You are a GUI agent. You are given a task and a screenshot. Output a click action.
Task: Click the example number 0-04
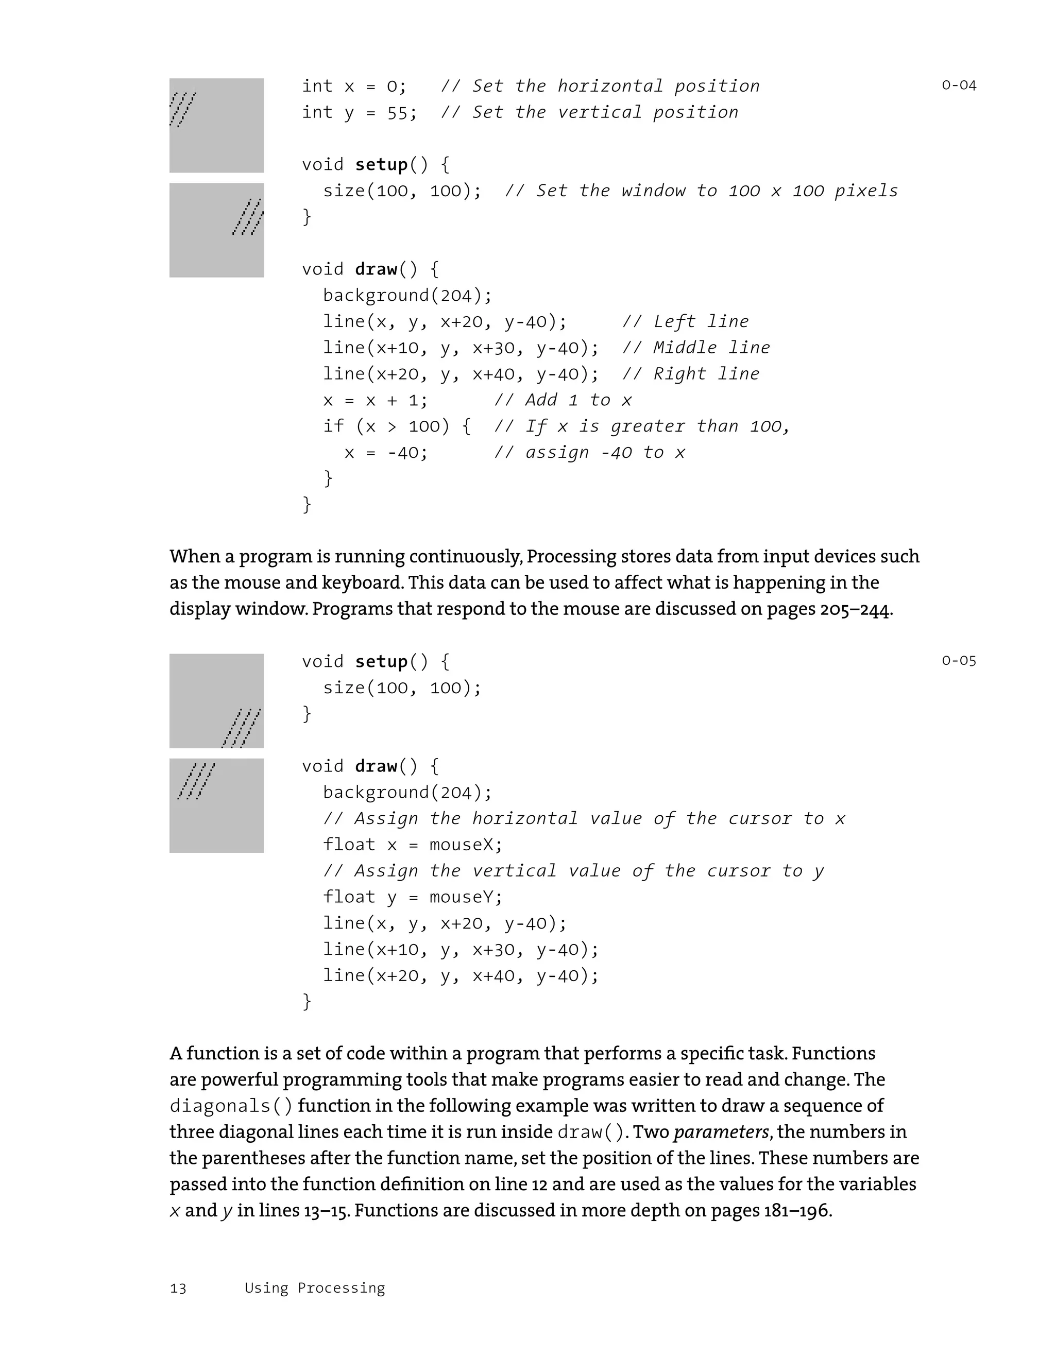(x=958, y=85)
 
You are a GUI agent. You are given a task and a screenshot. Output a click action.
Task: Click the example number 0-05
(x=958, y=661)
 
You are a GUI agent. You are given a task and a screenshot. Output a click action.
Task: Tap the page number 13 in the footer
(x=178, y=1289)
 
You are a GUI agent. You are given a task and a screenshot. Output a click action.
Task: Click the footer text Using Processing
(x=314, y=1288)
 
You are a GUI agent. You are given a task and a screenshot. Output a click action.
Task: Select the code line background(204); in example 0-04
(x=407, y=296)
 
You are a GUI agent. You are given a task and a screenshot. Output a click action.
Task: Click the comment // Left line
(x=685, y=321)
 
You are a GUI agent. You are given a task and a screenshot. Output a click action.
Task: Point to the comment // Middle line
(x=695, y=348)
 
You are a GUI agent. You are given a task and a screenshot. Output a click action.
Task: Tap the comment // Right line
(x=690, y=374)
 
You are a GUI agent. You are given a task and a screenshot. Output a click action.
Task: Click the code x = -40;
(x=386, y=453)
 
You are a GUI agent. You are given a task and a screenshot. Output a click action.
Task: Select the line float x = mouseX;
(x=412, y=845)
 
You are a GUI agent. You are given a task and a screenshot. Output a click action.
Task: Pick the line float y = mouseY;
(x=412, y=897)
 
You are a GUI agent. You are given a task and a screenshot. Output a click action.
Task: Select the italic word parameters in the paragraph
(x=721, y=1132)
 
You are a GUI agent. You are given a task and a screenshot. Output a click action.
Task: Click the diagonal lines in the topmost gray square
(x=182, y=109)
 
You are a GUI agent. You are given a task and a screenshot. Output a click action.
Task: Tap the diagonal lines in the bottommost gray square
(x=196, y=781)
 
